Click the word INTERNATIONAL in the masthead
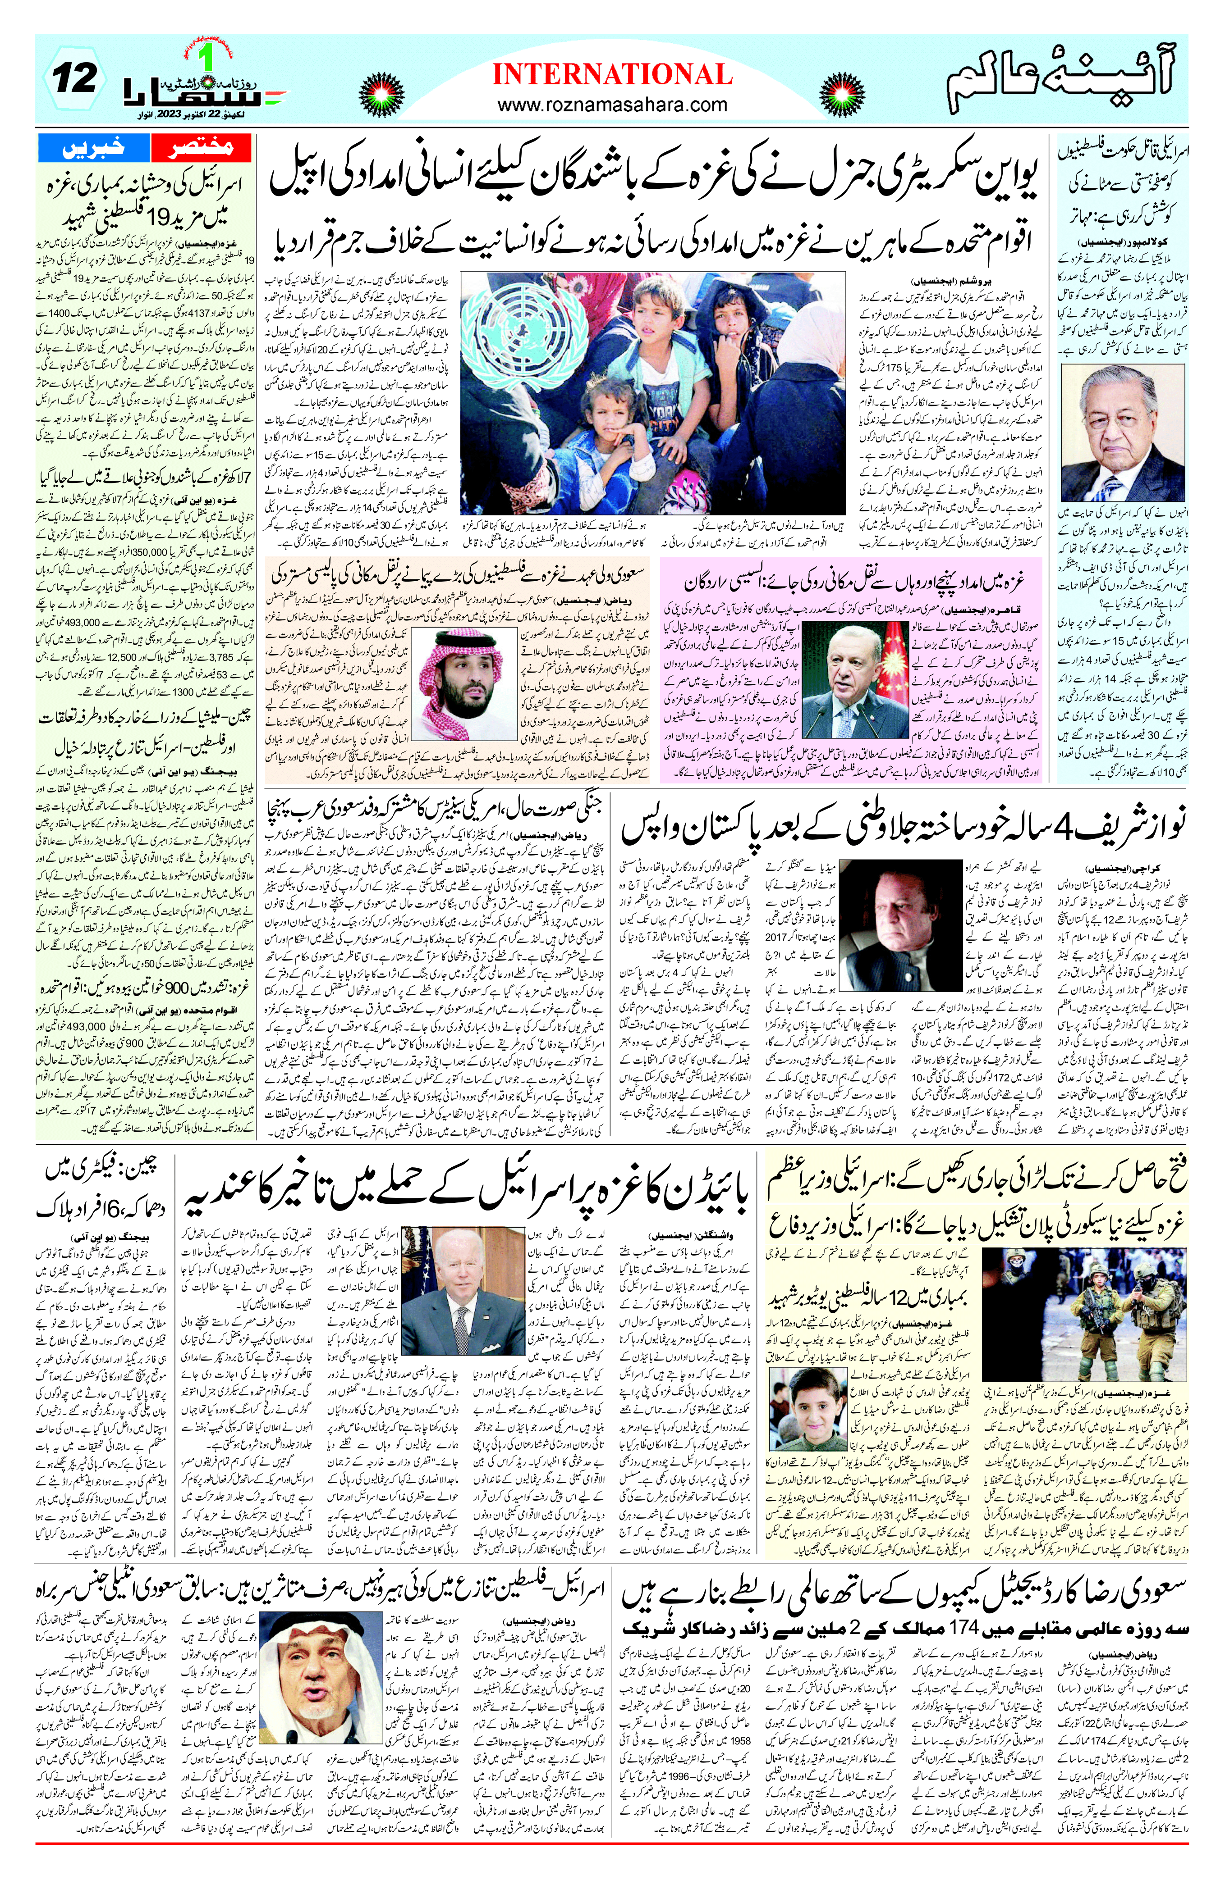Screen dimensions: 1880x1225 point(612,75)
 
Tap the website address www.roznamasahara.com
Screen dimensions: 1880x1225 point(612,104)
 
